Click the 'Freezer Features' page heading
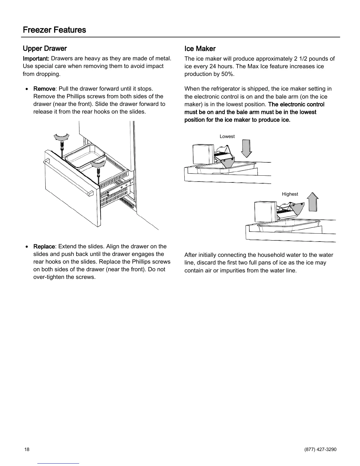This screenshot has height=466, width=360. point(54,30)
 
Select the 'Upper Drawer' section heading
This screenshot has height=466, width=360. point(45,48)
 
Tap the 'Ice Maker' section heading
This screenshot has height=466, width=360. point(200,49)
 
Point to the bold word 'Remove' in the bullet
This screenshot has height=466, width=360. point(44,89)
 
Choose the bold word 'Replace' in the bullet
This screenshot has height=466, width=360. point(44,246)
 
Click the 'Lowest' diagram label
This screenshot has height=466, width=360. point(227,136)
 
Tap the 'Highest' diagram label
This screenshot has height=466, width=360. point(290,194)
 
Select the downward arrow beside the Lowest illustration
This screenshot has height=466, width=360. point(246,149)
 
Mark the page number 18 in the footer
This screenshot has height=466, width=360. point(27,450)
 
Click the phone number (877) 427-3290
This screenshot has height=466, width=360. point(320,450)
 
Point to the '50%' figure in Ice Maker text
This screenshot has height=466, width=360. point(227,74)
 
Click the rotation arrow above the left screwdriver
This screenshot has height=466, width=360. point(62,137)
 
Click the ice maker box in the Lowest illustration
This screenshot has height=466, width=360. point(203,154)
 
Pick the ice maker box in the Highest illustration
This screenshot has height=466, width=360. point(265,212)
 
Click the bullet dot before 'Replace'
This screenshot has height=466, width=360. point(27,247)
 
